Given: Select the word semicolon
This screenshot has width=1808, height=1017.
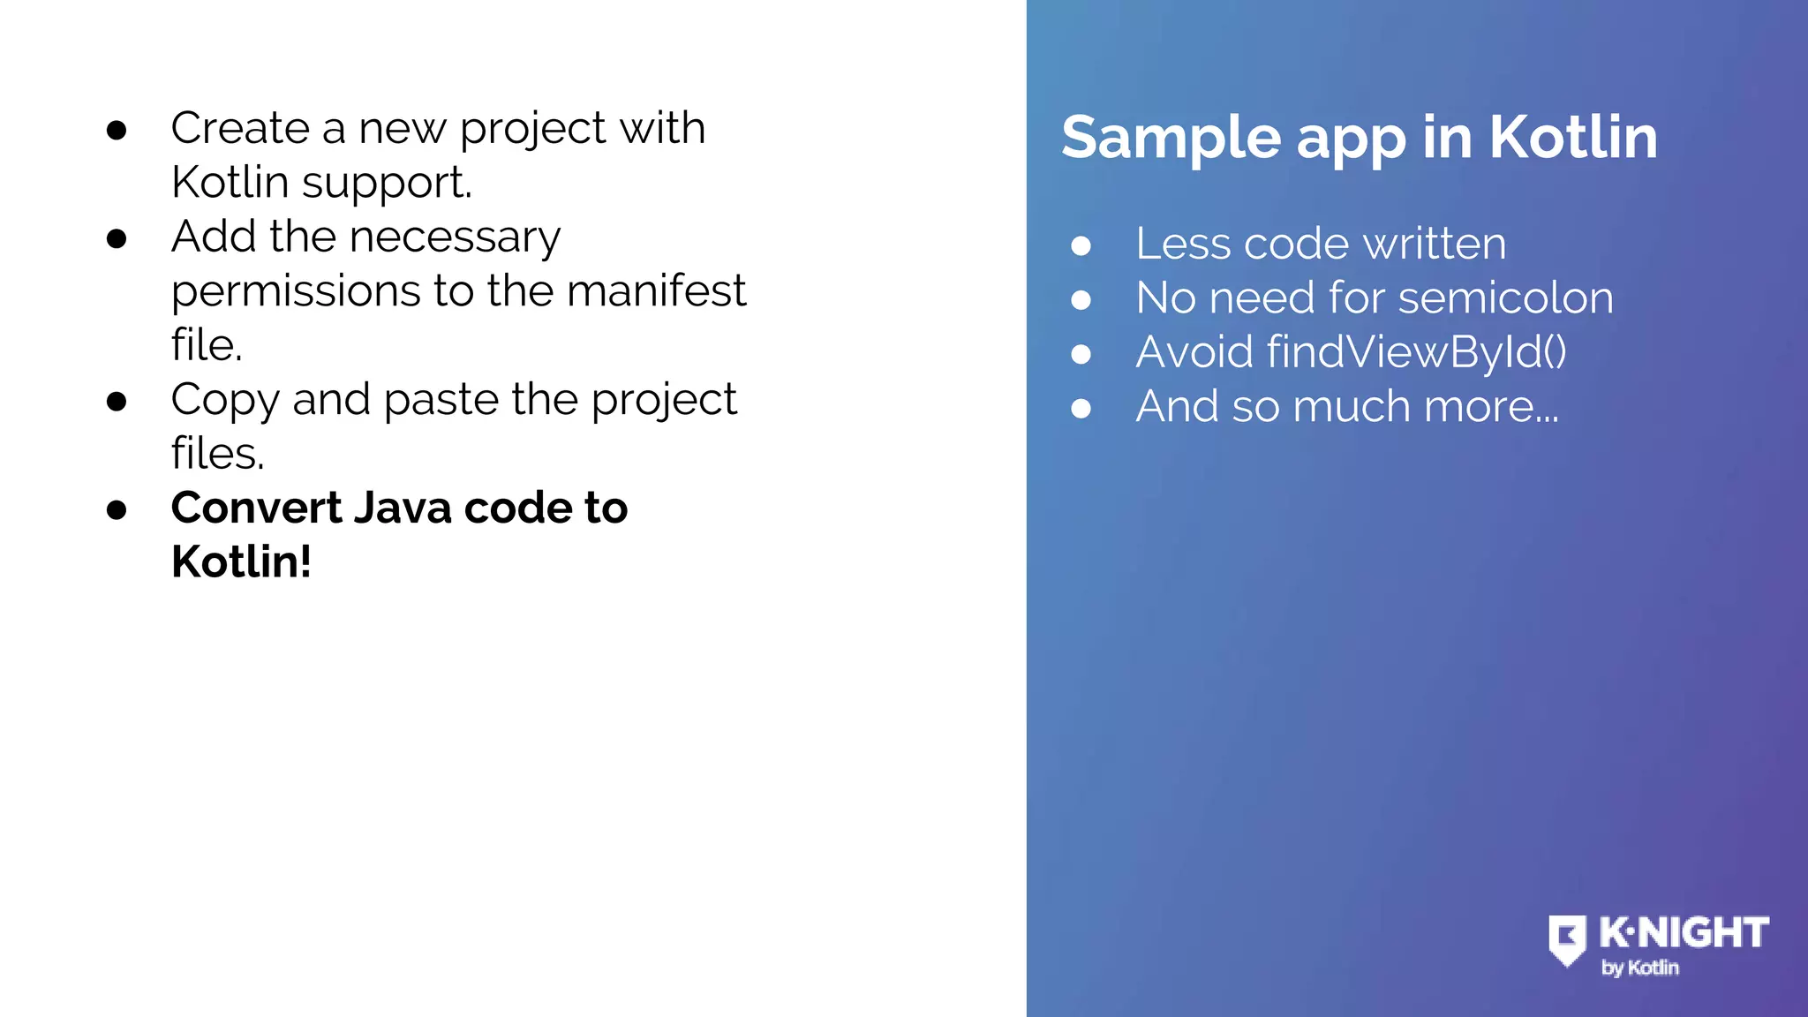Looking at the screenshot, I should tap(1505, 298).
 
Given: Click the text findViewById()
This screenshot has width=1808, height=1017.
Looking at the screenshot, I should tap(1416, 351).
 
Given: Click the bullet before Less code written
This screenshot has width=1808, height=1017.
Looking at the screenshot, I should tap(1081, 245).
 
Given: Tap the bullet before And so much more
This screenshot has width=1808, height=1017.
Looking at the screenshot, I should tap(1081, 408).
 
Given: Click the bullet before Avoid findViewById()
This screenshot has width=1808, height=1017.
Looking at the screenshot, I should tap(1081, 354).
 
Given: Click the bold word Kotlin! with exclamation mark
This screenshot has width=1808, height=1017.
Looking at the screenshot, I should tap(241, 561).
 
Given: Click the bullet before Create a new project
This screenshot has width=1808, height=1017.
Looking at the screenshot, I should tap(117, 131).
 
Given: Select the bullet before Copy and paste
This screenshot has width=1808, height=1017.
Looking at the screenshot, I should tap(117, 402).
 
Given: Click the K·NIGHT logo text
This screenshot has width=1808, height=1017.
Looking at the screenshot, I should tap(1683, 933).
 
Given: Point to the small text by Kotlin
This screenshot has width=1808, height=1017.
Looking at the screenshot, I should tap(1639, 968).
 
